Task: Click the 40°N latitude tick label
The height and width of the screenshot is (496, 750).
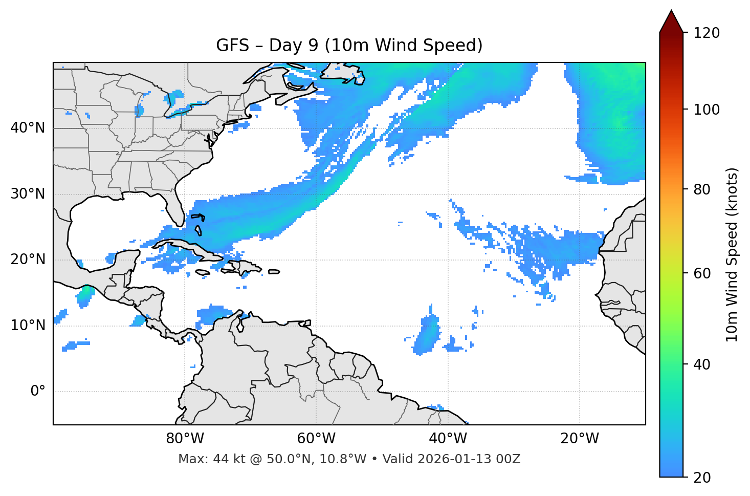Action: (x=28, y=127)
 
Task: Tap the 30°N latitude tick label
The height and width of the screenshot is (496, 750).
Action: (x=28, y=194)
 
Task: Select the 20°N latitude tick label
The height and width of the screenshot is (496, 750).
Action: (x=28, y=260)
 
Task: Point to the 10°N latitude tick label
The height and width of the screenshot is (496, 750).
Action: (x=28, y=326)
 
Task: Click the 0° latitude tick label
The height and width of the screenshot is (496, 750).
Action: (x=38, y=392)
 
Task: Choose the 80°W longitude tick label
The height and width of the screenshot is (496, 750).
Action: (x=185, y=439)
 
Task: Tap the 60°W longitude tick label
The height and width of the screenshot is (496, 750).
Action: (x=316, y=439)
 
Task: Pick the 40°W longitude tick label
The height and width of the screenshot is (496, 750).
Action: (x=448, y=439)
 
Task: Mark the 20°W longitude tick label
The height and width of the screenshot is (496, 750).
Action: (x=579, y=439)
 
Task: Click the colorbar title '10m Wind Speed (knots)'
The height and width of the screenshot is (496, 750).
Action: (x=732, y=254)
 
